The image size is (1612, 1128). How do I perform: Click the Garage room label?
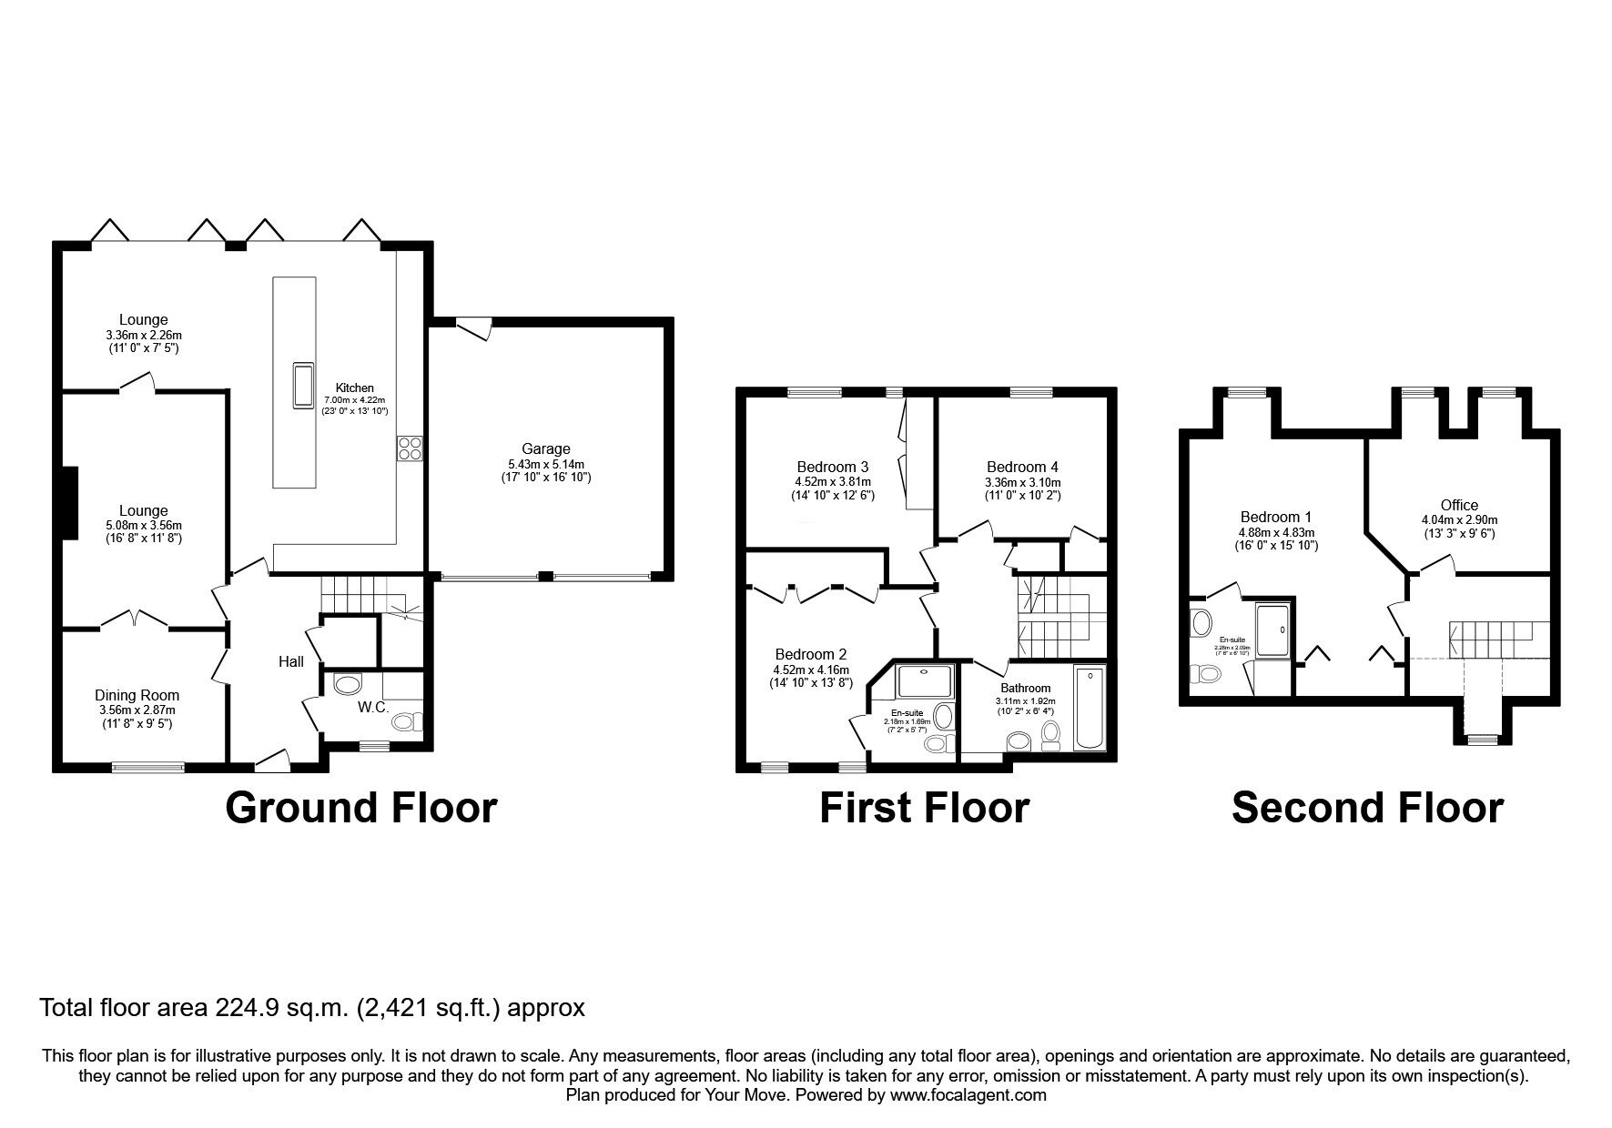[x=545, y=448]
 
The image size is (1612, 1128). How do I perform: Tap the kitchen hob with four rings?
[x=410, y=448]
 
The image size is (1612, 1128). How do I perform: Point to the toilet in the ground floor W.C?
[x=406, y=721]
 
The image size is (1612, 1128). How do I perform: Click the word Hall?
[x=291, y=661]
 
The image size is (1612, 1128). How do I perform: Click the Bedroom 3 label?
[x=832, y=468]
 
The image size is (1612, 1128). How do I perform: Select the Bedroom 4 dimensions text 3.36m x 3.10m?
[x=1022, y=482]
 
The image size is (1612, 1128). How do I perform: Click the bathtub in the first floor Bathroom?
[x=1090, y=708]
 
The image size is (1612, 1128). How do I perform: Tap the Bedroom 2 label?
[x=810, y=654]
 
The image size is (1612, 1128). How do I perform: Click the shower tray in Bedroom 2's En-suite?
[x=924, y=681]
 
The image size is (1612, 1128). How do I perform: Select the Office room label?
[x=1458, y=505]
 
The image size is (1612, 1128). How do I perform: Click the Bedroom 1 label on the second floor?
[x=1276, y=518]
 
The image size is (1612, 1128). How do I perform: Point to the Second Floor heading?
[x=1367, y=808]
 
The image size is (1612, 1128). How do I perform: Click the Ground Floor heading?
[x=360, y=808]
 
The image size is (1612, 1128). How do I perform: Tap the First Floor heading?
[x=924, y=808]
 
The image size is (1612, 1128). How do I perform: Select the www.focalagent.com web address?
[x=968, y=1095]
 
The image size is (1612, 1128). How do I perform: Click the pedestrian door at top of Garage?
[x=473, y=326]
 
